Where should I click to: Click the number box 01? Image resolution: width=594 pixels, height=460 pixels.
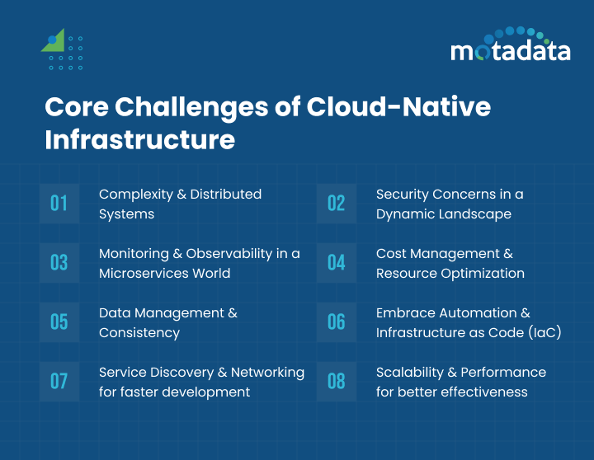pyautogui.click(x=59, y=204)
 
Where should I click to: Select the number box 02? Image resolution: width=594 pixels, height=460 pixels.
pyautogui.click(x=337, y=204)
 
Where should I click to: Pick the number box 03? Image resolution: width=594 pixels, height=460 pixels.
pyautogui.click(x=59, y=263)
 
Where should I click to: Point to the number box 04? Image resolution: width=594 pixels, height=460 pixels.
pyautogui.click(x=337, y=263)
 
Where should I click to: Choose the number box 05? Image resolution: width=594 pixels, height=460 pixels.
pyautogui.click(x=59, y=322)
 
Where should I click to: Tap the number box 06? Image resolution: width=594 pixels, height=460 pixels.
pyautogui.click(x=337, y=322)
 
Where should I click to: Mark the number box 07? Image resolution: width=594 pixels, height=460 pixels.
pyautogui.click(x=59, y=381)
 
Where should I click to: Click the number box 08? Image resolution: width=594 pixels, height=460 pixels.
pyautogui.click(x=337, y=381)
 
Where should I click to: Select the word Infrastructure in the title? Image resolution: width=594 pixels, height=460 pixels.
pyautogui.click(x=139, y=139)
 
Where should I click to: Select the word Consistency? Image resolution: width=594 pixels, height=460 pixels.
pyautogui.click(x=139, y=332)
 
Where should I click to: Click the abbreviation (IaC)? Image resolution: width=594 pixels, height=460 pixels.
pyautogui.click(x=542, y=332)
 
